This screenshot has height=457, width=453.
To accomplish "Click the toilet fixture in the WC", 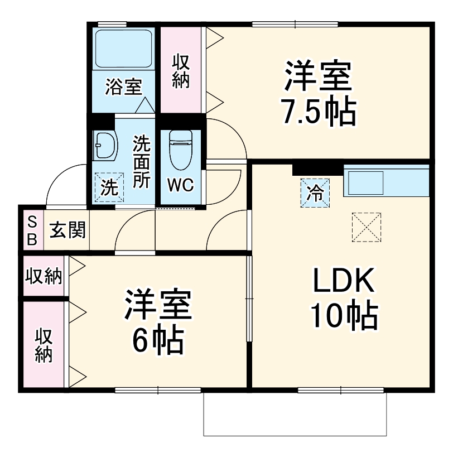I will tap(180, 150).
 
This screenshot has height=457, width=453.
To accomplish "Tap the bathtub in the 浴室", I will tap(124, 49).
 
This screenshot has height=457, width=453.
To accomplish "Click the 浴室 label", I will tap(124, 87).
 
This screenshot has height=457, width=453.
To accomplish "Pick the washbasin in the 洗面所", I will tap(105, 146).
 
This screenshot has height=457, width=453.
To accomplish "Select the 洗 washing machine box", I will tap(109, 186).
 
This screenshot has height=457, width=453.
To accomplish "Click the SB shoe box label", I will tap(32, 230).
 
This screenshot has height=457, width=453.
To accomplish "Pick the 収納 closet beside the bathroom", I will tap(181, 70).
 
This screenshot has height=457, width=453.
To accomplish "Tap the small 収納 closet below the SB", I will tap(44, 276).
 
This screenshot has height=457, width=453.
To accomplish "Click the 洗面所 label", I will tap(141, 162).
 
